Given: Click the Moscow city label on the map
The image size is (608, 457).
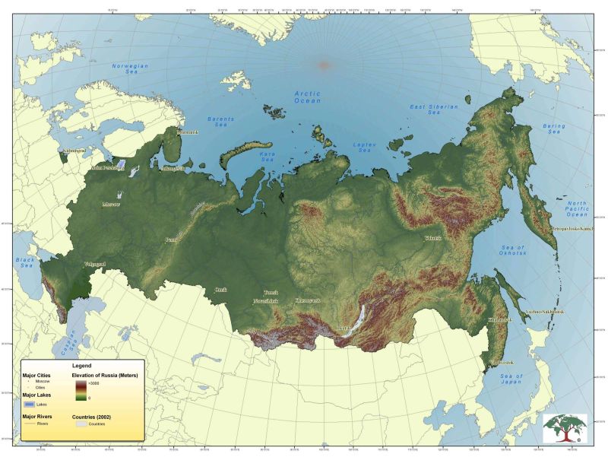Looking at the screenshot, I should tap(111, 204).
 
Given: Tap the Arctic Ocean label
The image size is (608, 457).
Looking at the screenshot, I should tap(308, 97).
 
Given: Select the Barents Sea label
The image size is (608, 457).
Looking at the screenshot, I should tap(221, 122).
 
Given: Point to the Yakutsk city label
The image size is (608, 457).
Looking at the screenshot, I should tap(432, 238).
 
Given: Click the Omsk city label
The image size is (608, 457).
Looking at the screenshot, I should tap(220, 289).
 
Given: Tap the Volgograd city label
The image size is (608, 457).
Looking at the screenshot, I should tap(94, 264).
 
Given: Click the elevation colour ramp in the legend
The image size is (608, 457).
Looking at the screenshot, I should tap(80, 389).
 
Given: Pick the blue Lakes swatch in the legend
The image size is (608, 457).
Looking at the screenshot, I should tap(28, 404).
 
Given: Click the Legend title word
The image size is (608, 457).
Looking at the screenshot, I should tap(81, 367).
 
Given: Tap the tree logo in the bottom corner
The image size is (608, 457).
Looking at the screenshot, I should tap(565, 427).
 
